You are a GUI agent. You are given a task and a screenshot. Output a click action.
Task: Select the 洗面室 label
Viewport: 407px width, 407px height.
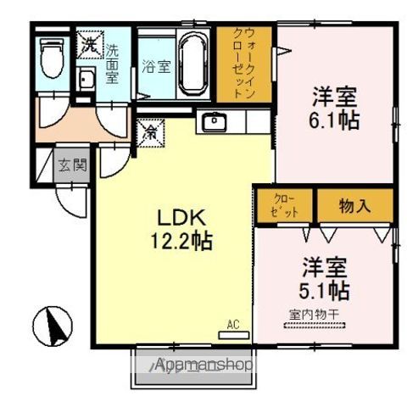coord(112,61)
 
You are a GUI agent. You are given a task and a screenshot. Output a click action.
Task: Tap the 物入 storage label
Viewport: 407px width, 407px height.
coord(354,205)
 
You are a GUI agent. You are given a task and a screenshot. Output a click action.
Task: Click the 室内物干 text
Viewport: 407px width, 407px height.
coord(314,315)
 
